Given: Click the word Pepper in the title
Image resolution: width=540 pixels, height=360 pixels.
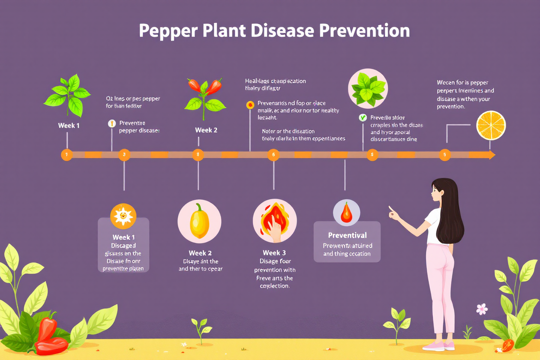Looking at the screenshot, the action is (168, 31).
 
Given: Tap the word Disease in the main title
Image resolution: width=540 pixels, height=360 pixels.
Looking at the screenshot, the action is (282, 31).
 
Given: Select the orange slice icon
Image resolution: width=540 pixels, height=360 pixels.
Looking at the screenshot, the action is (491, 125).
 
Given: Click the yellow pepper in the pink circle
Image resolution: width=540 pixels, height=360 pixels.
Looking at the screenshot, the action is (199, 221).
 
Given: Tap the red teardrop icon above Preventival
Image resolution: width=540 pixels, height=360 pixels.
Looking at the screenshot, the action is (346, 213).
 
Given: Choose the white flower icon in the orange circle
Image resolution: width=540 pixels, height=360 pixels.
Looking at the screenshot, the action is (123, 216).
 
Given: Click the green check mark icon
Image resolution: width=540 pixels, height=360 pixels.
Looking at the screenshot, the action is (363, 118).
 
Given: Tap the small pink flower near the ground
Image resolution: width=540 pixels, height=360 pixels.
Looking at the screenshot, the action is (482, 309).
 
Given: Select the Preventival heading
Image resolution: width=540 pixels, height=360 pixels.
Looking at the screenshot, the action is (347, 235).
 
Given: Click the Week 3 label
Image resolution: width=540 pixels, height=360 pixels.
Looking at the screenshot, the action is (274, 253).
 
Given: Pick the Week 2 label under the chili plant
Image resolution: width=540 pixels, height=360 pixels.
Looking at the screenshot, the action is (206, 130).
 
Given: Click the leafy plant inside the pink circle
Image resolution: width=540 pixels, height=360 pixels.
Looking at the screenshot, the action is (368, 88).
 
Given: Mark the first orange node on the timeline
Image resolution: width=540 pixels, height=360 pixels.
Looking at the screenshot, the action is (67, 154).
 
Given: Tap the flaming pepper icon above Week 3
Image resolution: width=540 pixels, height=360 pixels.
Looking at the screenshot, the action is (275, 221).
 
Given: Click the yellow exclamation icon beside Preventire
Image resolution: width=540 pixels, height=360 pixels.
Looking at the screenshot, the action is (112, 123).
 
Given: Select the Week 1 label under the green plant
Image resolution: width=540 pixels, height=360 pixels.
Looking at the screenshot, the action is (69, 126).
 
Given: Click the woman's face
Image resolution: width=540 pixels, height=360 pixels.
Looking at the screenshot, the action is (437, 192).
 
